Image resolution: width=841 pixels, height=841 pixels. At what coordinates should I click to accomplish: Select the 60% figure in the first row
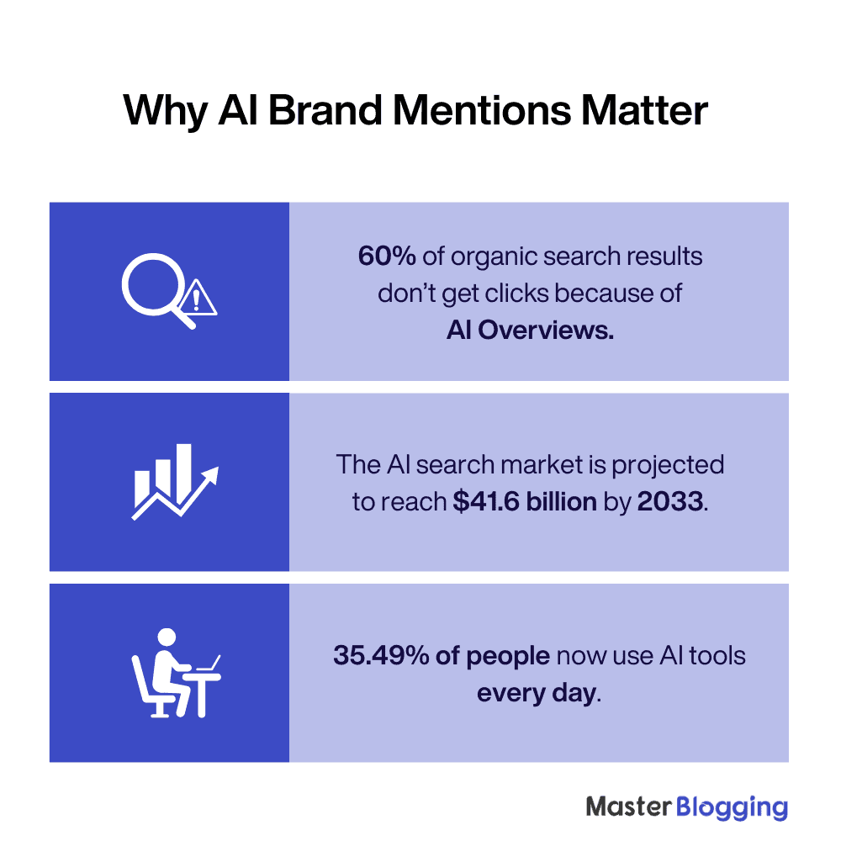tap(386, 257)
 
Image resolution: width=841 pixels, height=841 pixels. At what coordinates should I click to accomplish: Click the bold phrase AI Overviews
tap(530, 331)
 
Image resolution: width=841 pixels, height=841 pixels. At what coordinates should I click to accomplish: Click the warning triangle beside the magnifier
tap(198, 299)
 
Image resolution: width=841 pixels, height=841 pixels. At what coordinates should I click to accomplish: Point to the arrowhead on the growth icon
tap(211, 474)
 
